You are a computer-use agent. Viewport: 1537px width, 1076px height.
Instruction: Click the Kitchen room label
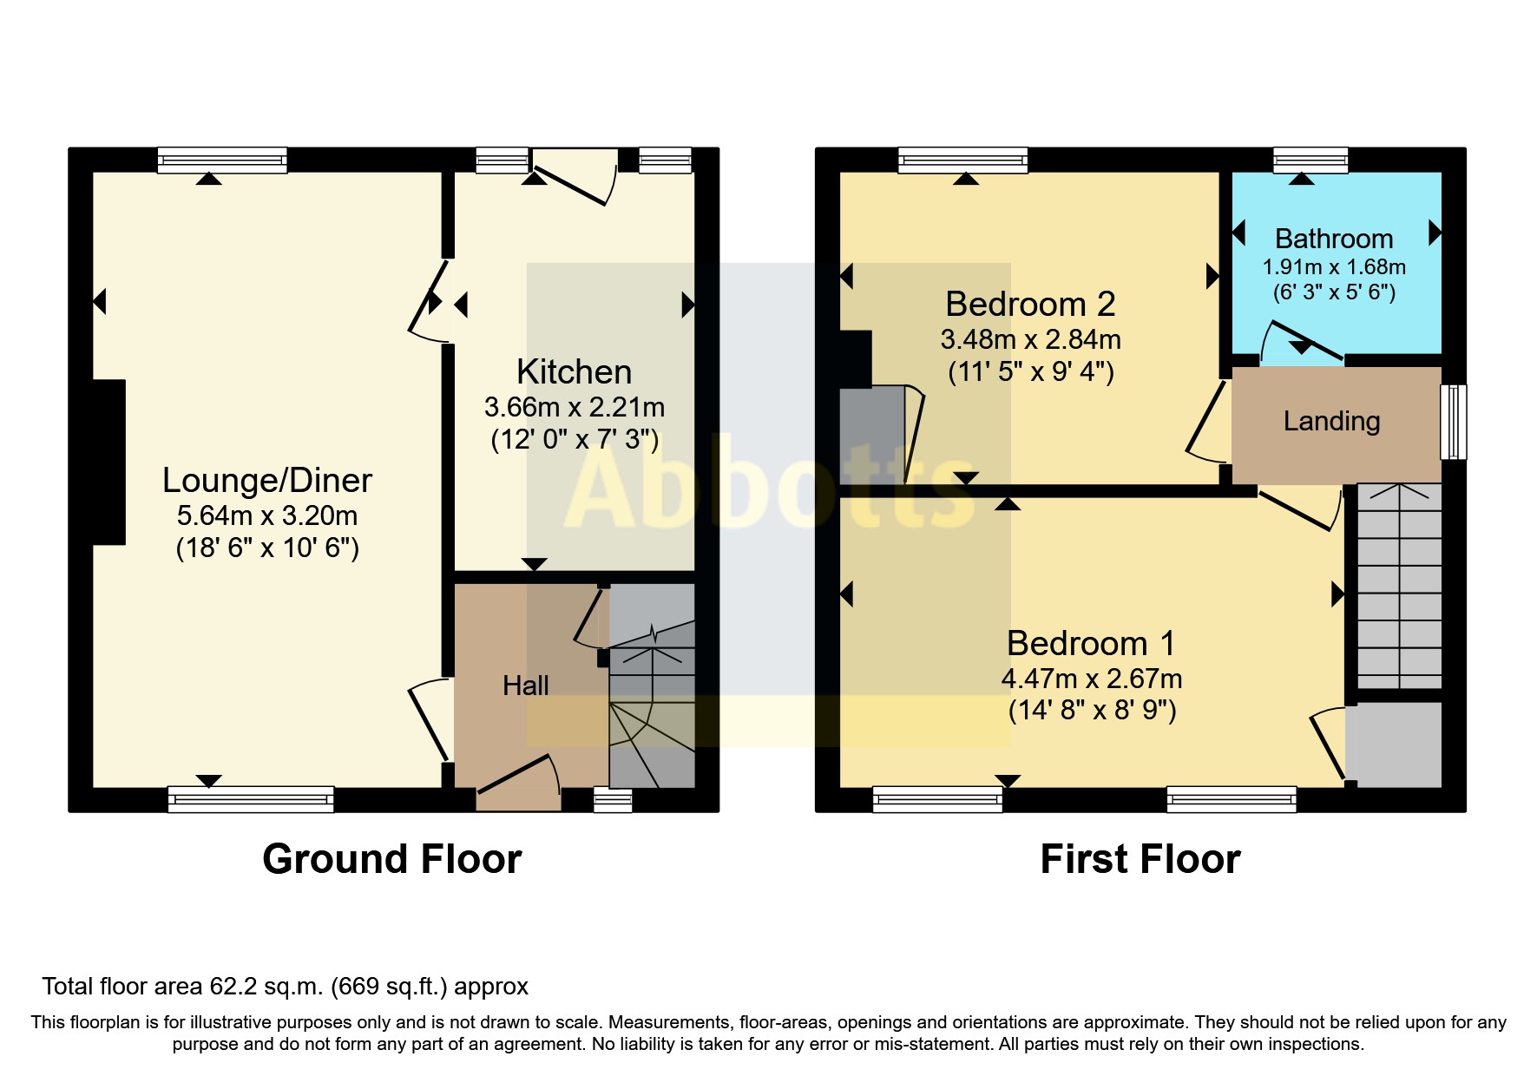pyautogui.click(x=574, y=371)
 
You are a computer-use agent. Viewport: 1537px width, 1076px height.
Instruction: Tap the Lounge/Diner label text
pyautogui.click(x=267, y=480)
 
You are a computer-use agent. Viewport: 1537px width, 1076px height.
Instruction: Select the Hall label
pyautogui.click(x=526, y=686)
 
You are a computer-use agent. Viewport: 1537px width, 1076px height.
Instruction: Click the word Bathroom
pyautogui.click(x=1334, y=239)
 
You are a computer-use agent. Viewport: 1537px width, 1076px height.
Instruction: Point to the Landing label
pyautogui.click(x=1331, y=421)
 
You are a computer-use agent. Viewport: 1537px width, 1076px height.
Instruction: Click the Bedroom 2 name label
pyautogui.click(x=1030, y=304)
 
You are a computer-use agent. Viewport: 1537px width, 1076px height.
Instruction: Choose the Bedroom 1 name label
pyautogui.click(x=1092, y=643)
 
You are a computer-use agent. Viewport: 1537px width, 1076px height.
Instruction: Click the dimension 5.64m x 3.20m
pyautogui.click(x=267, y=515)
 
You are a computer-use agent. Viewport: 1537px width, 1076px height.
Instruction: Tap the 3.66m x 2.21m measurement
pyautogui.click(x=575, y=407)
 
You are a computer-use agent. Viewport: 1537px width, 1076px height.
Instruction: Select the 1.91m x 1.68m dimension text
pyautogui.click(x=1334, y=267)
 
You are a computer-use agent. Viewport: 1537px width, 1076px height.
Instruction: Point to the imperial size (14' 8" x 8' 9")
pyautogui.click(x=1092, y=711)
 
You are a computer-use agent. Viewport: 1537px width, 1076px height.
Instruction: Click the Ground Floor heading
pyautogui.click(x=392, y=859)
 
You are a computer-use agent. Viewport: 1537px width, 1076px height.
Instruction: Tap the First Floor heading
pyautogui.click(x=1140, y=859)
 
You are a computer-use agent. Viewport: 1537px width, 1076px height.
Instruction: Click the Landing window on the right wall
pyautogui.click(x=1454, y=422)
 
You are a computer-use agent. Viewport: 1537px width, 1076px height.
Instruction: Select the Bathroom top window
pyautogui.click(x=1310, y=161)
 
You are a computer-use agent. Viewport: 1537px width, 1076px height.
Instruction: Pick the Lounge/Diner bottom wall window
pyautogui.click(x=251, y=799)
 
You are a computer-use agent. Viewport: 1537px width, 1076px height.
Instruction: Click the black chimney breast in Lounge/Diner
pyautogui.click(x=109, y=463)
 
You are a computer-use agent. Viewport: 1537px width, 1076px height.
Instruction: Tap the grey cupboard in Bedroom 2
pyautogui.click(x=872, y=435)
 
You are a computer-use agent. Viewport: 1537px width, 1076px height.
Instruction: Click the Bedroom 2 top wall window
pyautogui.click(x=963, y=161)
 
